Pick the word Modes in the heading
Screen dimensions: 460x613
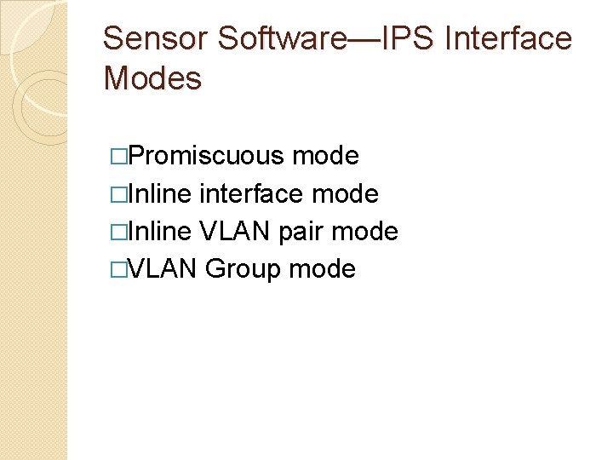(152, 79)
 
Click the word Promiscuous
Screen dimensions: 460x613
(208, 157)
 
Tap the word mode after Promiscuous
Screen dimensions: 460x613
(324, 157)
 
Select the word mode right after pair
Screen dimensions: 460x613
(364, 232)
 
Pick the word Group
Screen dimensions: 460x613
(243, 269)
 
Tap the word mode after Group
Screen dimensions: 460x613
(322, 269)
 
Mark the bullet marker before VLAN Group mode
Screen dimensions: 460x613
(117, 270)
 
